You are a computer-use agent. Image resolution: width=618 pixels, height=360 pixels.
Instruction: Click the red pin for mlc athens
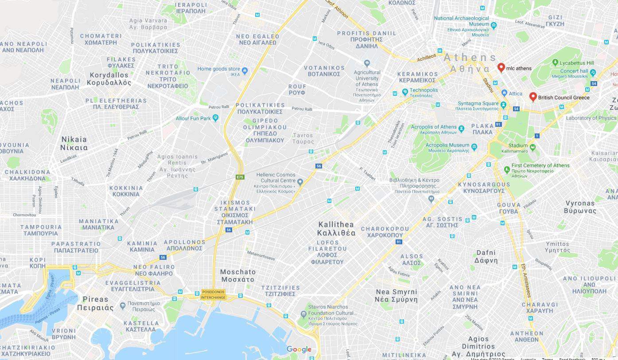501,67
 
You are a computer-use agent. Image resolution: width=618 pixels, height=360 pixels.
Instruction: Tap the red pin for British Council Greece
533,97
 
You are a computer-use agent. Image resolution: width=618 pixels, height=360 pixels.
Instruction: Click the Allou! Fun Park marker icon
215,118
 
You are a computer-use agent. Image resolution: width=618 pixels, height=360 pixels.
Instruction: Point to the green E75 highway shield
240,177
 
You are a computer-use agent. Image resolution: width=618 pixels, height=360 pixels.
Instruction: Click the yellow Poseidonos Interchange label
213,295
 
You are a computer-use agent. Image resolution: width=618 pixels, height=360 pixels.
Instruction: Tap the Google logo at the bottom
299,349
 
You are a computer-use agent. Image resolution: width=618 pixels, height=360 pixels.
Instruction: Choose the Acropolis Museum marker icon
474,147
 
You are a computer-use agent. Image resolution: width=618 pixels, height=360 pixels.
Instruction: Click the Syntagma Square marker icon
503,105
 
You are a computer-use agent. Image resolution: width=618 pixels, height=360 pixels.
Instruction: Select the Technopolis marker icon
405,92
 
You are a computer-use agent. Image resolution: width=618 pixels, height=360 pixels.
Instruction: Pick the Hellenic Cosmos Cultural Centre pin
300,182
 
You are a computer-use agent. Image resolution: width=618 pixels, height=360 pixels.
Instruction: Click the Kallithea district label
336,229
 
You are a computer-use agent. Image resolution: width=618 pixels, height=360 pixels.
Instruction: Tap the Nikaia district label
74,143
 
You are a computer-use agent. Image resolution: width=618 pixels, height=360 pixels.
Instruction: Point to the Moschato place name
238,276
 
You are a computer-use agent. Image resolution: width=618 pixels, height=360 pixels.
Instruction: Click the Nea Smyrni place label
396,295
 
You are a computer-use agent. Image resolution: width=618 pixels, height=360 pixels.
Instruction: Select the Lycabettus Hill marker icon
555,63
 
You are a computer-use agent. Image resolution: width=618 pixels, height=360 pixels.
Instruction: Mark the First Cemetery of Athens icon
507,169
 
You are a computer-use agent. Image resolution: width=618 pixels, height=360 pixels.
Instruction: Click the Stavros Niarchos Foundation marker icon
303,314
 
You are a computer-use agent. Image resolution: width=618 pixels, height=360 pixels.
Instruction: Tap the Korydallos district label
109,79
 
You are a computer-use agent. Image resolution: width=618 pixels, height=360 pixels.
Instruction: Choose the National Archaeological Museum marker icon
494,26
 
